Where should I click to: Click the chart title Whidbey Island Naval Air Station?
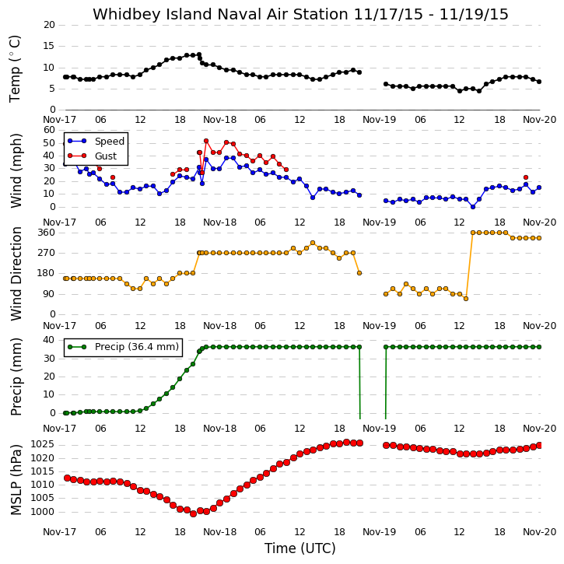pyautogui.click(x=220, y=14)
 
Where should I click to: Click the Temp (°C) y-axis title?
pyautogui.click(x=15, y=68)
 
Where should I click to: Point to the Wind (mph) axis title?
pyautogui.click(x=16, y=170)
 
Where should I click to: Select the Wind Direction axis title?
pyautogui.click(x=16, y=274)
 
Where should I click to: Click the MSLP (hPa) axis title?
pyautogui.click(x=16, y=479)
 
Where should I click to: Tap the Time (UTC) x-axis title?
pyautogui.click(x=300, y=548)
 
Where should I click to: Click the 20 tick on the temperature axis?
pyautogui.click(x=49, y=25)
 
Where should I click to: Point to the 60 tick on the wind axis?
pyautogui.click(x=49, y=130)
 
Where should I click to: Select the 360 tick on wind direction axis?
pyautogui.click(x=47, y=233)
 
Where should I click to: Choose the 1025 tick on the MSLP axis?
pyautogui.click(x=42, y=444)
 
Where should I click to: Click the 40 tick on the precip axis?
pyautogui.click(x=48, y=340)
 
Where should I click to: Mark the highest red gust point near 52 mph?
pyautogui.click(x=206, y=141)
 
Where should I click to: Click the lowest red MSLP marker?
pyautogui.click(x=193, y=514)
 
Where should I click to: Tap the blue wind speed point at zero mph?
pyautogui.click(x=473, y=207)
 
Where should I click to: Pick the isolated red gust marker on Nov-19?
pyautogui.click(x=526, y=177)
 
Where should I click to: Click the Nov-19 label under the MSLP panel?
pyautogui.click(x=379, y=532)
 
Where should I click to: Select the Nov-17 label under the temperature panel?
pyautogui.click(x=59, y=120)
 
